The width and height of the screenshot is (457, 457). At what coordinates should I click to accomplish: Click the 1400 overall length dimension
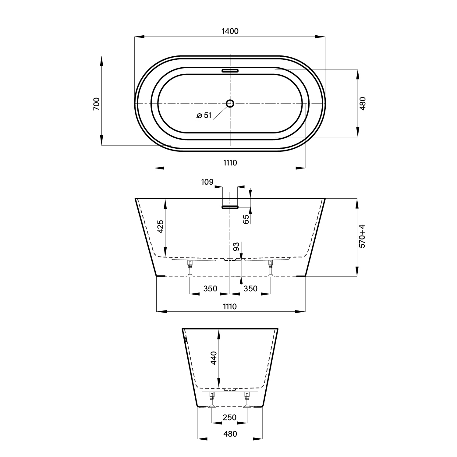point(230,31)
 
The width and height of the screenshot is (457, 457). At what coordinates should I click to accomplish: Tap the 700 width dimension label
point(96,104)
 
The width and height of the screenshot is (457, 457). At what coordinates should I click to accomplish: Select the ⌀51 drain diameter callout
point(204,115)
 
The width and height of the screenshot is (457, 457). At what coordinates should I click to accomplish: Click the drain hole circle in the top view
point(230,104)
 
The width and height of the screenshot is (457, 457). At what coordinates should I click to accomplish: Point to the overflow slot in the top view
point(230,70)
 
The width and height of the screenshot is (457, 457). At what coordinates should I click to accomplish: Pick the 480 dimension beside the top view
point(362,104)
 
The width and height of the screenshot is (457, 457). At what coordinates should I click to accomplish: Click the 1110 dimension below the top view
point(230,163)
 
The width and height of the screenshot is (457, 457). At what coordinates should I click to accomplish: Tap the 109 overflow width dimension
point(207,182)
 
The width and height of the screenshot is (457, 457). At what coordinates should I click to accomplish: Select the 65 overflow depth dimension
point(246,219)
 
